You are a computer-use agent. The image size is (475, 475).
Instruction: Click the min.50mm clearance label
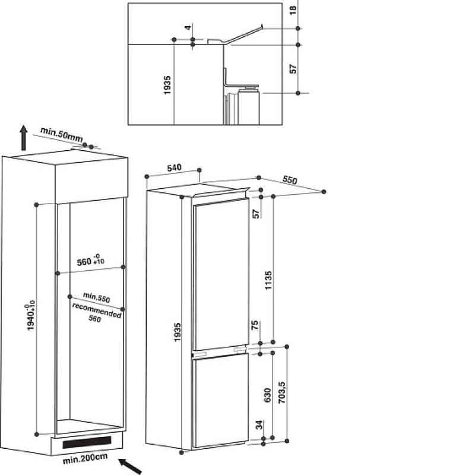click(x=62, y=135)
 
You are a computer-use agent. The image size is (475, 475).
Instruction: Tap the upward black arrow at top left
click(x=23, y=138)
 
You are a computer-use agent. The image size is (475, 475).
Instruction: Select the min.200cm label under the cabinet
click(x=85, y=458)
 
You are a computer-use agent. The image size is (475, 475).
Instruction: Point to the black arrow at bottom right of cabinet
click(x=129, y=466)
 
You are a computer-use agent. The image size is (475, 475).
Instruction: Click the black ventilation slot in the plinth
click(x=87, y=442)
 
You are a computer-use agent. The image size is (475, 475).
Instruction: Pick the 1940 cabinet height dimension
click(x=31, y=317)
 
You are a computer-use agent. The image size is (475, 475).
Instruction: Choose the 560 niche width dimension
click(x=90, y=261)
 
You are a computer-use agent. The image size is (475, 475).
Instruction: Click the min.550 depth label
click(x=96, y=297)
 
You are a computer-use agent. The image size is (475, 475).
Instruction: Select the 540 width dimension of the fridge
click(x=174, y=167)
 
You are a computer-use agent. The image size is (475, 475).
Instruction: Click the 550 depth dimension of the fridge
click(x=290, y=180)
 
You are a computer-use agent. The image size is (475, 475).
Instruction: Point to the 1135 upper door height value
click(x=268, y=280)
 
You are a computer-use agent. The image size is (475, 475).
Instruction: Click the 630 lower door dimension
click(x=267, y=395)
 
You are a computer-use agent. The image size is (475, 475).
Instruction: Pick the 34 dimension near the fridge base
click(x=259, y=425)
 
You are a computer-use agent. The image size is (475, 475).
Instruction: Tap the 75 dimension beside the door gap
click(x=255, y=325)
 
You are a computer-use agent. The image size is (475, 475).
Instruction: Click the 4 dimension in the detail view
click(x=188, y=27)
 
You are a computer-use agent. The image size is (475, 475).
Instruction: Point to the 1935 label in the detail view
click(x=167, y=85)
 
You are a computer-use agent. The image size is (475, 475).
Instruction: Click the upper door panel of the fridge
click(x=221, y=274)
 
